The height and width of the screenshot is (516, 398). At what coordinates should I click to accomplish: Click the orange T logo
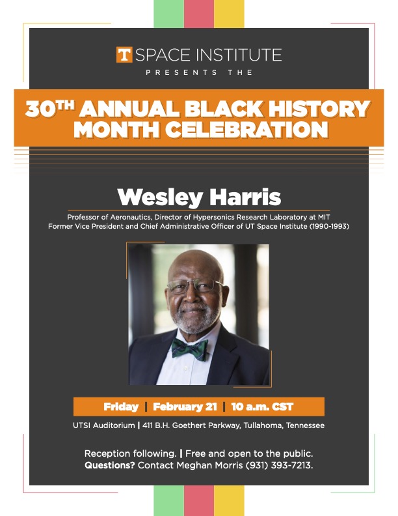click(x=124, y=55)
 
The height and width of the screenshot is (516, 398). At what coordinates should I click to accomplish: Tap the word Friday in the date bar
click(x=121, y=407)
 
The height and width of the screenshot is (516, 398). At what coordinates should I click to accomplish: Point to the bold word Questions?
click(x=109, y=465)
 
